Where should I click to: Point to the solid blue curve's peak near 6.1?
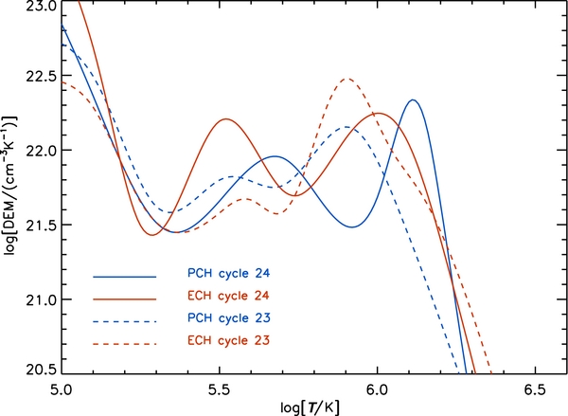click(x=413, y=99)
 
